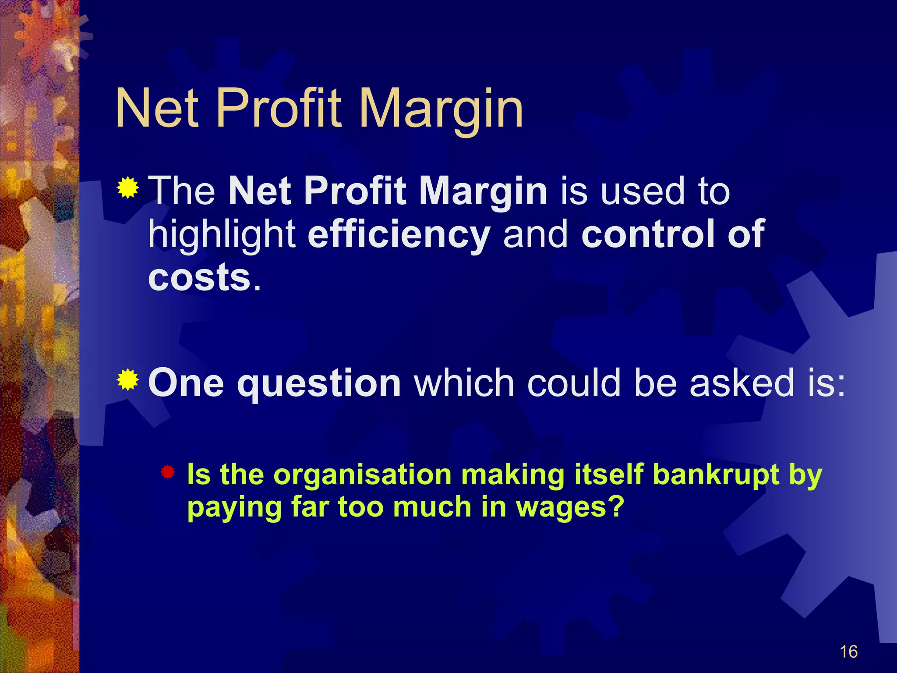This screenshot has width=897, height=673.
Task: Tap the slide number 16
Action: [x=848, y=652]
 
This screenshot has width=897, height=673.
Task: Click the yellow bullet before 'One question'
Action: [x=128, y=380]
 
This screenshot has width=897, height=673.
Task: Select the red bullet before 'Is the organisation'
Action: [x=168, y=472]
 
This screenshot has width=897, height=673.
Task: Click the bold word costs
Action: [x=199, y=277]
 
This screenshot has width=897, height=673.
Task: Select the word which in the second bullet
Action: [x=464, y=383]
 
